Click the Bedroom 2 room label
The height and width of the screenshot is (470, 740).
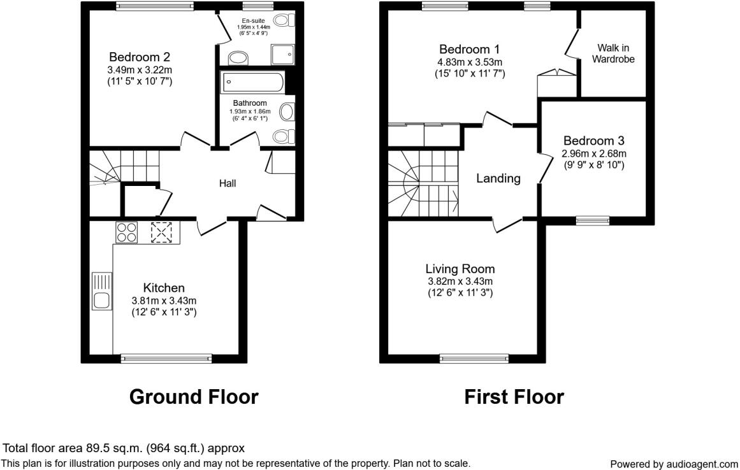(x=140, y=56)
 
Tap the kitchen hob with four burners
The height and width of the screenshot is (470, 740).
(x=126, y=232)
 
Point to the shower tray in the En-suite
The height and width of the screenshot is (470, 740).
(x=283, y=55)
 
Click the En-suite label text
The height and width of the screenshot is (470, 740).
(x=253, y=20)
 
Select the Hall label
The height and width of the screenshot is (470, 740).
(x=228, y=183)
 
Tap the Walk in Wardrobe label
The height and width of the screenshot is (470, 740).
(x=613, y=53)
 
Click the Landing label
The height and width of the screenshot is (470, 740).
(x=498, y=179)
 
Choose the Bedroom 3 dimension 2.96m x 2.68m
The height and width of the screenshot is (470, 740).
(x=593, y=153)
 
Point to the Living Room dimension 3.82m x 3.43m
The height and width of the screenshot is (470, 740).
(x=460, y=281)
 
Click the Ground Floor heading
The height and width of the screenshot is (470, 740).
(x=194, y=397)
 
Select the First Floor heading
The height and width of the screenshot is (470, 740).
(x=514, y=397)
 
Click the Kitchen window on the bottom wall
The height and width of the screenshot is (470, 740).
(x=166, y=359)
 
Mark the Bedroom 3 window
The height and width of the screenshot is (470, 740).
(x=593, y=221)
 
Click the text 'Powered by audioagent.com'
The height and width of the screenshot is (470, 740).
(x=674, y=464)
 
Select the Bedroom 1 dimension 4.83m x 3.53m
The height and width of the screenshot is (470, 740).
(x=470, y=62)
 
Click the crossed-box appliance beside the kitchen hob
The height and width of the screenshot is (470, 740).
(x=161, y=232)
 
